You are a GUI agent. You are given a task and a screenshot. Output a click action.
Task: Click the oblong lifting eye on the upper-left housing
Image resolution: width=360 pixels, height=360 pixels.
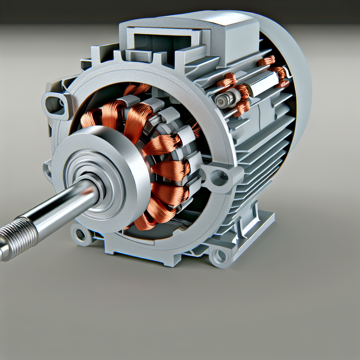coord(56,102)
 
